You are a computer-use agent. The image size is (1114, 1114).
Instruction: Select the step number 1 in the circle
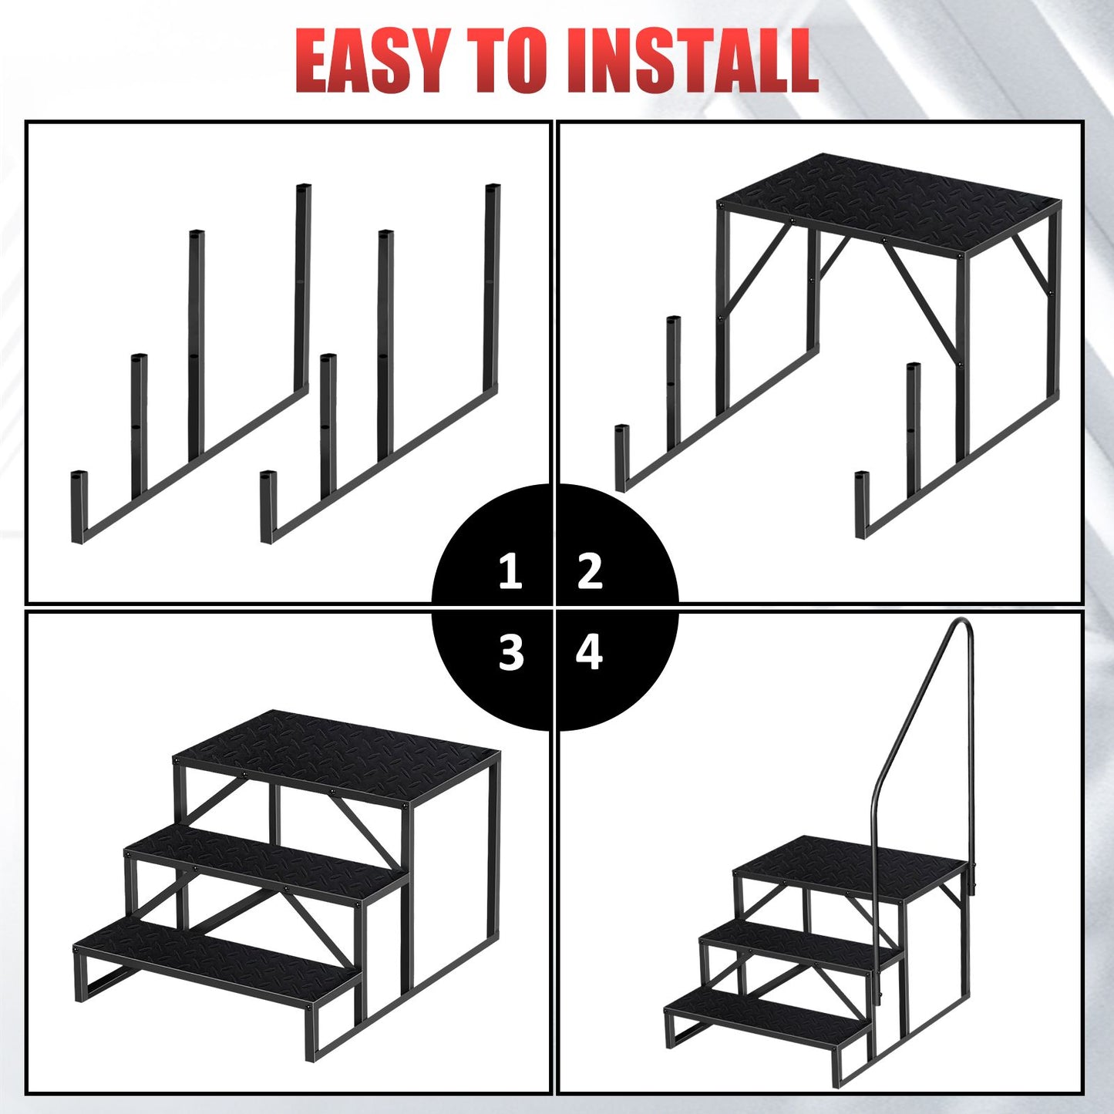coord(510,571)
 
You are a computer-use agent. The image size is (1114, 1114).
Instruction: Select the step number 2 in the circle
coord(590,571)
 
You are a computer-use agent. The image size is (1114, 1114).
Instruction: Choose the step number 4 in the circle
coord(589,653)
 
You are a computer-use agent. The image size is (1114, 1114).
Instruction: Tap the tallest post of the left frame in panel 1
coord(302,287)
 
